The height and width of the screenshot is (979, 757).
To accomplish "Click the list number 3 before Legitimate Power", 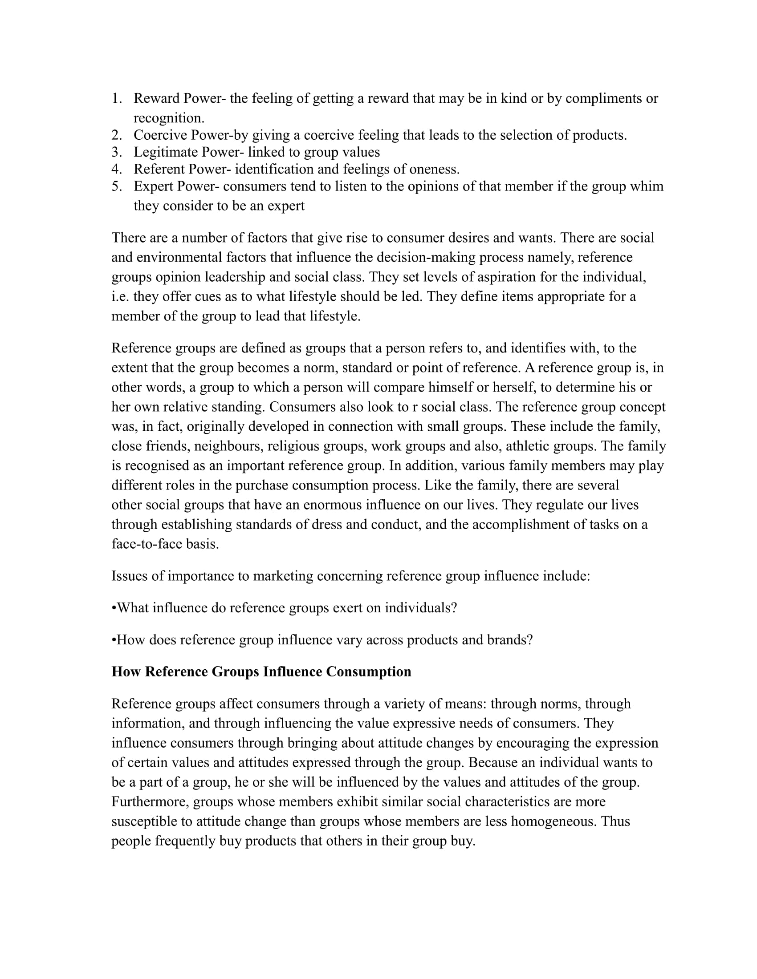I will coord(116,152).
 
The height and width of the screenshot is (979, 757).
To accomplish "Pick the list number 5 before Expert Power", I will coord(116,186).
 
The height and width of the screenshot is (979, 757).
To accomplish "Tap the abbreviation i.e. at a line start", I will coord(120,297).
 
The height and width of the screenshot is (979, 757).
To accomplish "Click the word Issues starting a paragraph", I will coord(130,576).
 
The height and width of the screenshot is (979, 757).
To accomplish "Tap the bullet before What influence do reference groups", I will coord(114,608).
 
